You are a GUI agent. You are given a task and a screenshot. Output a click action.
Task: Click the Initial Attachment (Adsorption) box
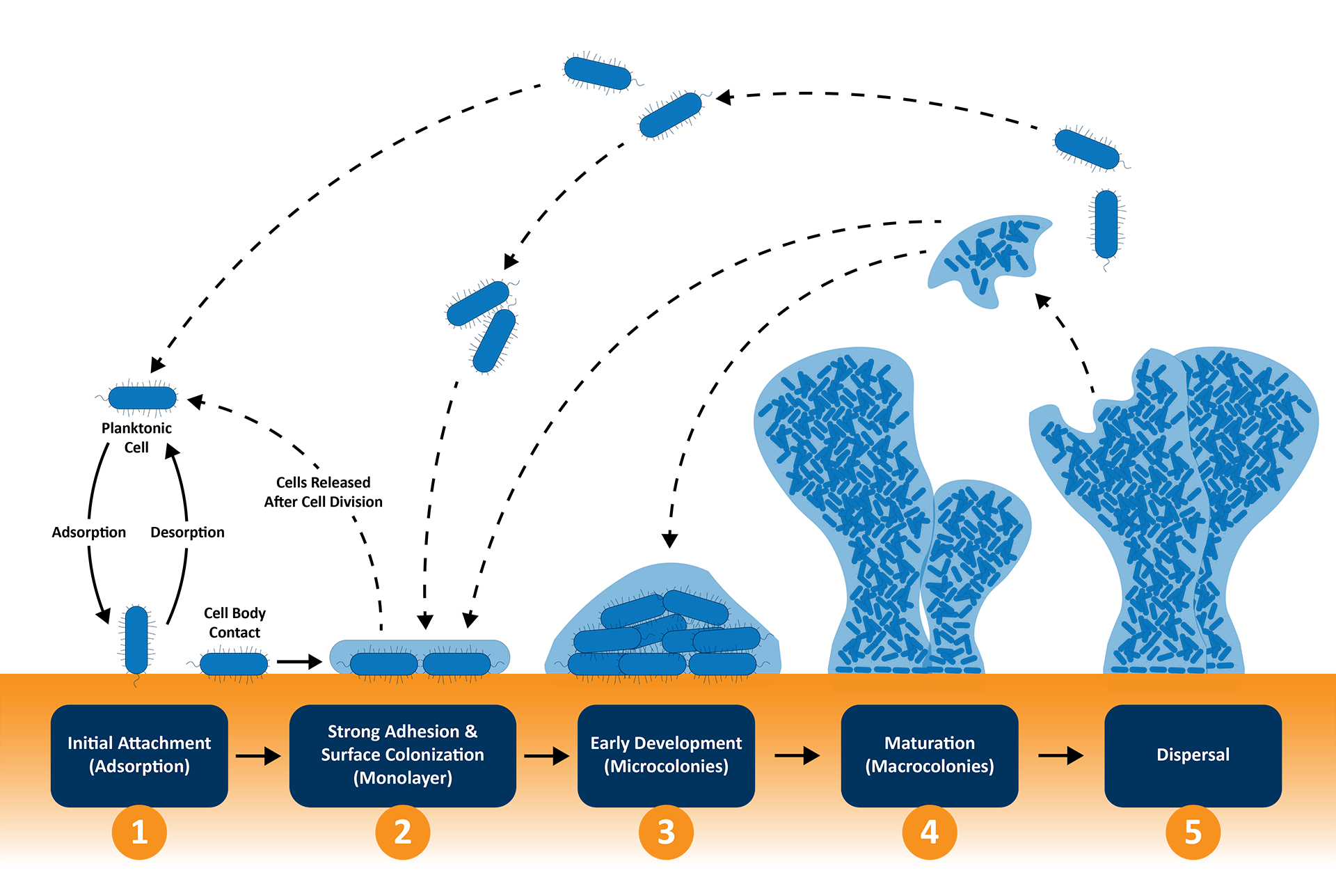(139, 755)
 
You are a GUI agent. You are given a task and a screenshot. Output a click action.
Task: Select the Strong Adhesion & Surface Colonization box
(402, 755)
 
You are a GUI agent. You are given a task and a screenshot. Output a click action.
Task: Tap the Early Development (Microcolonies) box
(666, 755)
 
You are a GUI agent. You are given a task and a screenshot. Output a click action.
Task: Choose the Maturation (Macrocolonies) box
(930, 755)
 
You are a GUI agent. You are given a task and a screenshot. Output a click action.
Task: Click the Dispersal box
(1193, 755)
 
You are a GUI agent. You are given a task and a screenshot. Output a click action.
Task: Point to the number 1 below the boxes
(139, 832)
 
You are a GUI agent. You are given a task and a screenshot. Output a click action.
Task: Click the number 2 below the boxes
(402, 832)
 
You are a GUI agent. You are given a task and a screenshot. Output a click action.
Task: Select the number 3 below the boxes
(666, 832)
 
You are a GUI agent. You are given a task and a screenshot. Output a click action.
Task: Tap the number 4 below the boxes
(930, 832)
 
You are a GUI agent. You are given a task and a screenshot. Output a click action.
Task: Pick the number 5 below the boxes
(1193, 832)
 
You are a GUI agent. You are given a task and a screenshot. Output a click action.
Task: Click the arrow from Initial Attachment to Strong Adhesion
(258, 755)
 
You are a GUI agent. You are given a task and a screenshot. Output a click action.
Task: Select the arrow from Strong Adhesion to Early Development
(547, 755)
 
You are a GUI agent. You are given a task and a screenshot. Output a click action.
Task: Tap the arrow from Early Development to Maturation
(797, 755)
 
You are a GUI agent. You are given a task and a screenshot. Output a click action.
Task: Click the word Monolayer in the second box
(403, 778)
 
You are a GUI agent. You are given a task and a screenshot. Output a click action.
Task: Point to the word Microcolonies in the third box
(667, 766)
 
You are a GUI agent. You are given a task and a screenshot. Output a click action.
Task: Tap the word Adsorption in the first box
(139, 766)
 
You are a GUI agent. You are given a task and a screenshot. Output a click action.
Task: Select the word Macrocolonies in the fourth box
(930, 766)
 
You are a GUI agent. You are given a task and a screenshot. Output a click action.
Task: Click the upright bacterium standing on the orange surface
(136, 639)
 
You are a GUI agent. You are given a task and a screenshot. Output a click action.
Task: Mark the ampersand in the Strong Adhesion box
(471, 732)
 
